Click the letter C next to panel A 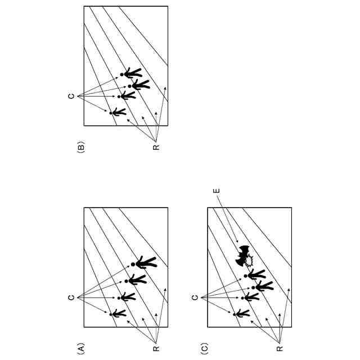point(71,296)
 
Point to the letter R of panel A point(156,348)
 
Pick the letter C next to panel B point(71,96)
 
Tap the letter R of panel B point(156,147)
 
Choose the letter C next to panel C point(195,296)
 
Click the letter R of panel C point(280,348)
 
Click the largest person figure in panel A point(145,263)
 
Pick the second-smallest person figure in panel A point(128,296)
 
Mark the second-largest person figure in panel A point(137,279)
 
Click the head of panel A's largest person point(133,264)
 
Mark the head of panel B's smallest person point(111,113)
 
